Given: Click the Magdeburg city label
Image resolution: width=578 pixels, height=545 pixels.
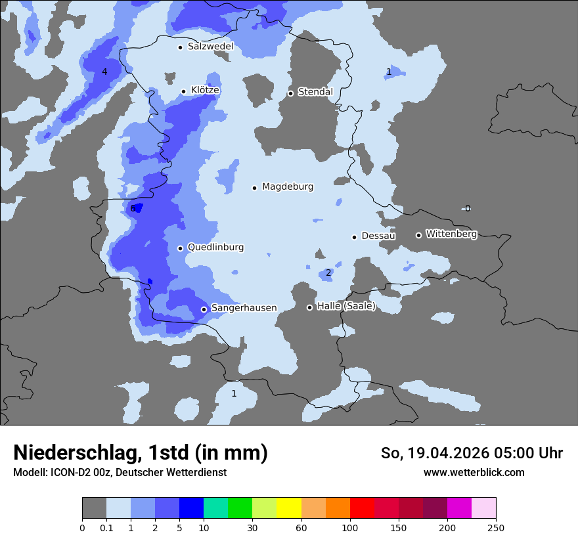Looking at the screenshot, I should click(288, 187).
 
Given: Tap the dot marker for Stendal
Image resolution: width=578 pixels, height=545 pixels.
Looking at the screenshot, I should click(290, 93).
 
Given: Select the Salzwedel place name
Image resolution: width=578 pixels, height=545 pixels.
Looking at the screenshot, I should click(210, 47).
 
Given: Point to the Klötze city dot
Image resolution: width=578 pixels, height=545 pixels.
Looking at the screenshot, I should click(183, 91).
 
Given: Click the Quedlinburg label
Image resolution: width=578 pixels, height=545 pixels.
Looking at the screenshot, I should click(215, 248).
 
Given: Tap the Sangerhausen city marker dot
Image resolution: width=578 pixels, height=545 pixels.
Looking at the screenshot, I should click(204, 309).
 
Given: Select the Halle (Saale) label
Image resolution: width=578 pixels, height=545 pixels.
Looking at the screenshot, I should click(346, 306).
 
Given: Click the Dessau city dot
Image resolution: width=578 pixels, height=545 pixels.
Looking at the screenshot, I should click(354, 237).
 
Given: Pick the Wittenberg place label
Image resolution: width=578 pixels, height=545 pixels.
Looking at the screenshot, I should click(451, 234).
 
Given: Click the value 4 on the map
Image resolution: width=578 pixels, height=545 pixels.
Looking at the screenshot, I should click(104, 72).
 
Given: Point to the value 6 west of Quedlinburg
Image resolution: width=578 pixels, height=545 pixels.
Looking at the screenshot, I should click(133, 209).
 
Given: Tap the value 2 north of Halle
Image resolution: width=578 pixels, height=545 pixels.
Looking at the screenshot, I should click(328, 273).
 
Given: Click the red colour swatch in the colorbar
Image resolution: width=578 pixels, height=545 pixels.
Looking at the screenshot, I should click(362, 508).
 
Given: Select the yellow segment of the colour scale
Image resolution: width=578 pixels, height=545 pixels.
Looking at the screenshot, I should click(289, 508).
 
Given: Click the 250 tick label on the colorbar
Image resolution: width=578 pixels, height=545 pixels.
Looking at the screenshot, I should click(496, 527).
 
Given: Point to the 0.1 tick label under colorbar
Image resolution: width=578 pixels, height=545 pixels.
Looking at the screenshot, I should click(106, 527).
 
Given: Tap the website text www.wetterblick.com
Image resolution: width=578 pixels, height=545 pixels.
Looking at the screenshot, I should click(474, 473).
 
